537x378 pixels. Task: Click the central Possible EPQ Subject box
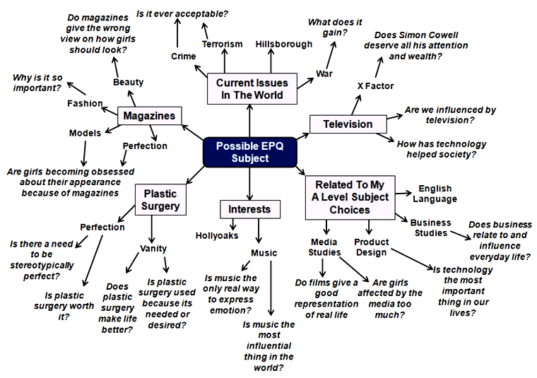click(249, 152)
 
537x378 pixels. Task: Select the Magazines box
click(148, 116)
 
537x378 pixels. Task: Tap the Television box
click(348, 124)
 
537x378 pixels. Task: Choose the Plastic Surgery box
click(160, 200)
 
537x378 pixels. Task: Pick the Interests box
click(249, 209)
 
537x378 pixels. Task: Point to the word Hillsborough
click(283, 44)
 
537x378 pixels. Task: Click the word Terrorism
click(222, 44)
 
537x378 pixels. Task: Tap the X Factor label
click(375, 86)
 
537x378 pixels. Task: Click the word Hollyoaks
click(217, 235)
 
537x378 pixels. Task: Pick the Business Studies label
click(430, 228)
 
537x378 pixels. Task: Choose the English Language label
click(437, 194)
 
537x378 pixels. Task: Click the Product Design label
click(371, 247)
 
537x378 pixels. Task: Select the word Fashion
click(85, 103)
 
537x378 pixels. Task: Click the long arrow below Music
click(271, 290)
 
